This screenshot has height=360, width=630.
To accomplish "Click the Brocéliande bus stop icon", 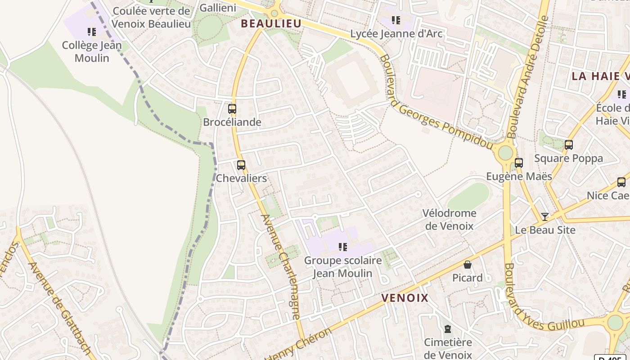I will (232, 108).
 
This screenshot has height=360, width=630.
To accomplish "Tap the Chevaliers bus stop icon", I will (241, 165).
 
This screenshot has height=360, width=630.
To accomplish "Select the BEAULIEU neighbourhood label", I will (270, 23).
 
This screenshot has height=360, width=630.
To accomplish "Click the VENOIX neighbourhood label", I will (405, 298).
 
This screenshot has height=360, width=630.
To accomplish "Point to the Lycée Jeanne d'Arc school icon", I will (396, 20).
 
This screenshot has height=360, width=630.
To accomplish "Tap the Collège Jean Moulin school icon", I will (92, 32).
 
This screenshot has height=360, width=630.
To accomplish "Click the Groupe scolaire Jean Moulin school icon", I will (343, 247).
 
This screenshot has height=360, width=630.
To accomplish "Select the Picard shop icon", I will (468, 265).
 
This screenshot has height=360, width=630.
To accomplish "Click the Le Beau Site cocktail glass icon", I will (545, 217).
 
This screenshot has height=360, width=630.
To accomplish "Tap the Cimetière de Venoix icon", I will (448, 329).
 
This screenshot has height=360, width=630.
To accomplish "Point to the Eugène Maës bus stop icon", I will (519, 163).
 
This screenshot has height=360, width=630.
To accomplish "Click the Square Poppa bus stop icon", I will (569, 145).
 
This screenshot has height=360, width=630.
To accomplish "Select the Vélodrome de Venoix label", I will (449, 219).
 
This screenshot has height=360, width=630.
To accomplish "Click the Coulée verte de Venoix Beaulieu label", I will (151, 17).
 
